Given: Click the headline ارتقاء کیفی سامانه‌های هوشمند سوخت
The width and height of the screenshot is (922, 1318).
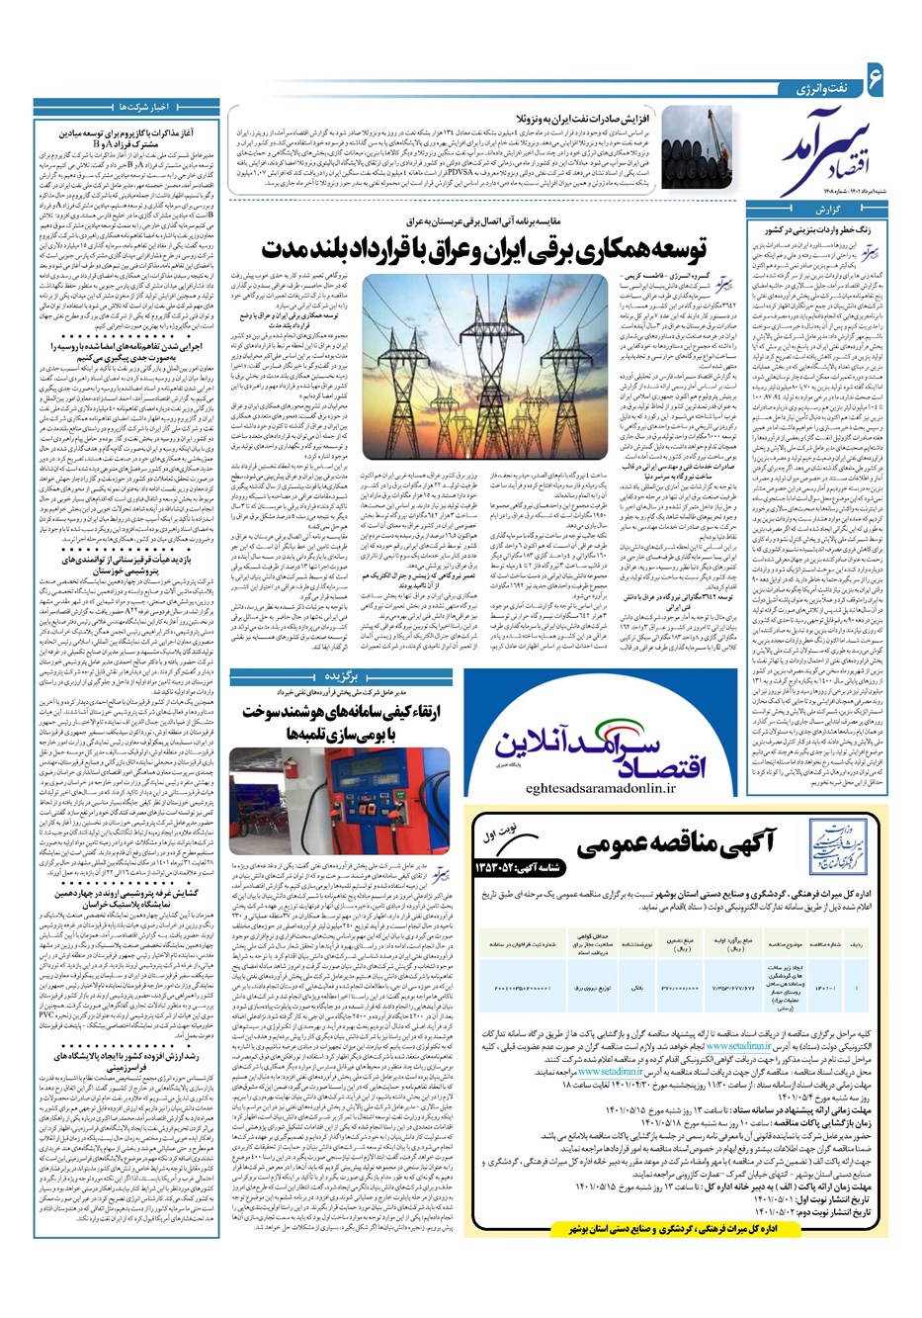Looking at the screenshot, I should point(337,712).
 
